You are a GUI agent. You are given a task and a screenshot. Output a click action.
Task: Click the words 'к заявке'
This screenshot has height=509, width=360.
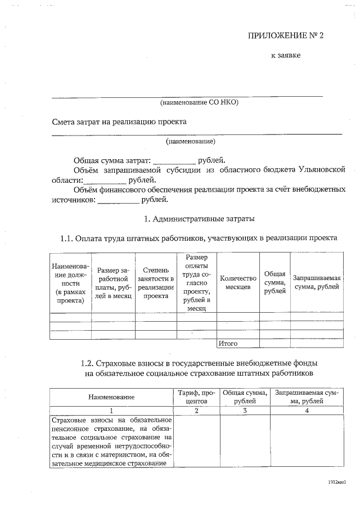(x=286, y=56)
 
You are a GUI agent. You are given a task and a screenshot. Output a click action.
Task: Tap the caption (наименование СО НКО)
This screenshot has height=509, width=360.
(x=200, y=102)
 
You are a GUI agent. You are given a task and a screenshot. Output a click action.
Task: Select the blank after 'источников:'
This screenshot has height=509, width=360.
(x=118, y=199)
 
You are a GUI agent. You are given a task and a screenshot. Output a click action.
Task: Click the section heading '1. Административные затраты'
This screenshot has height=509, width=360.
(x=200, y=218)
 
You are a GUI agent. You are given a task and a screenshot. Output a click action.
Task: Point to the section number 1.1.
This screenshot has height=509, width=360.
(x=67, y=238)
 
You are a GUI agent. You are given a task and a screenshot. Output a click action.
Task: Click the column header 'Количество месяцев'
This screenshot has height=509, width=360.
(x=237, y=282)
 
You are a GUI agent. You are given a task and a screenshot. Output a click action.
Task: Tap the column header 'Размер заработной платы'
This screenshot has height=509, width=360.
(x=114, y=282)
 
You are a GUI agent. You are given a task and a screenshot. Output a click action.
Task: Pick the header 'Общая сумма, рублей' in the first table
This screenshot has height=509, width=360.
(x=274, y=282)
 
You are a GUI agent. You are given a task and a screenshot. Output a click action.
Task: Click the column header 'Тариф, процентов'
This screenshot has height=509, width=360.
(x=196, y=397)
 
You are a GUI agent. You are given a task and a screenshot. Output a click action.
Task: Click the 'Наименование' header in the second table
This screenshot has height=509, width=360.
(x=111, y=397)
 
